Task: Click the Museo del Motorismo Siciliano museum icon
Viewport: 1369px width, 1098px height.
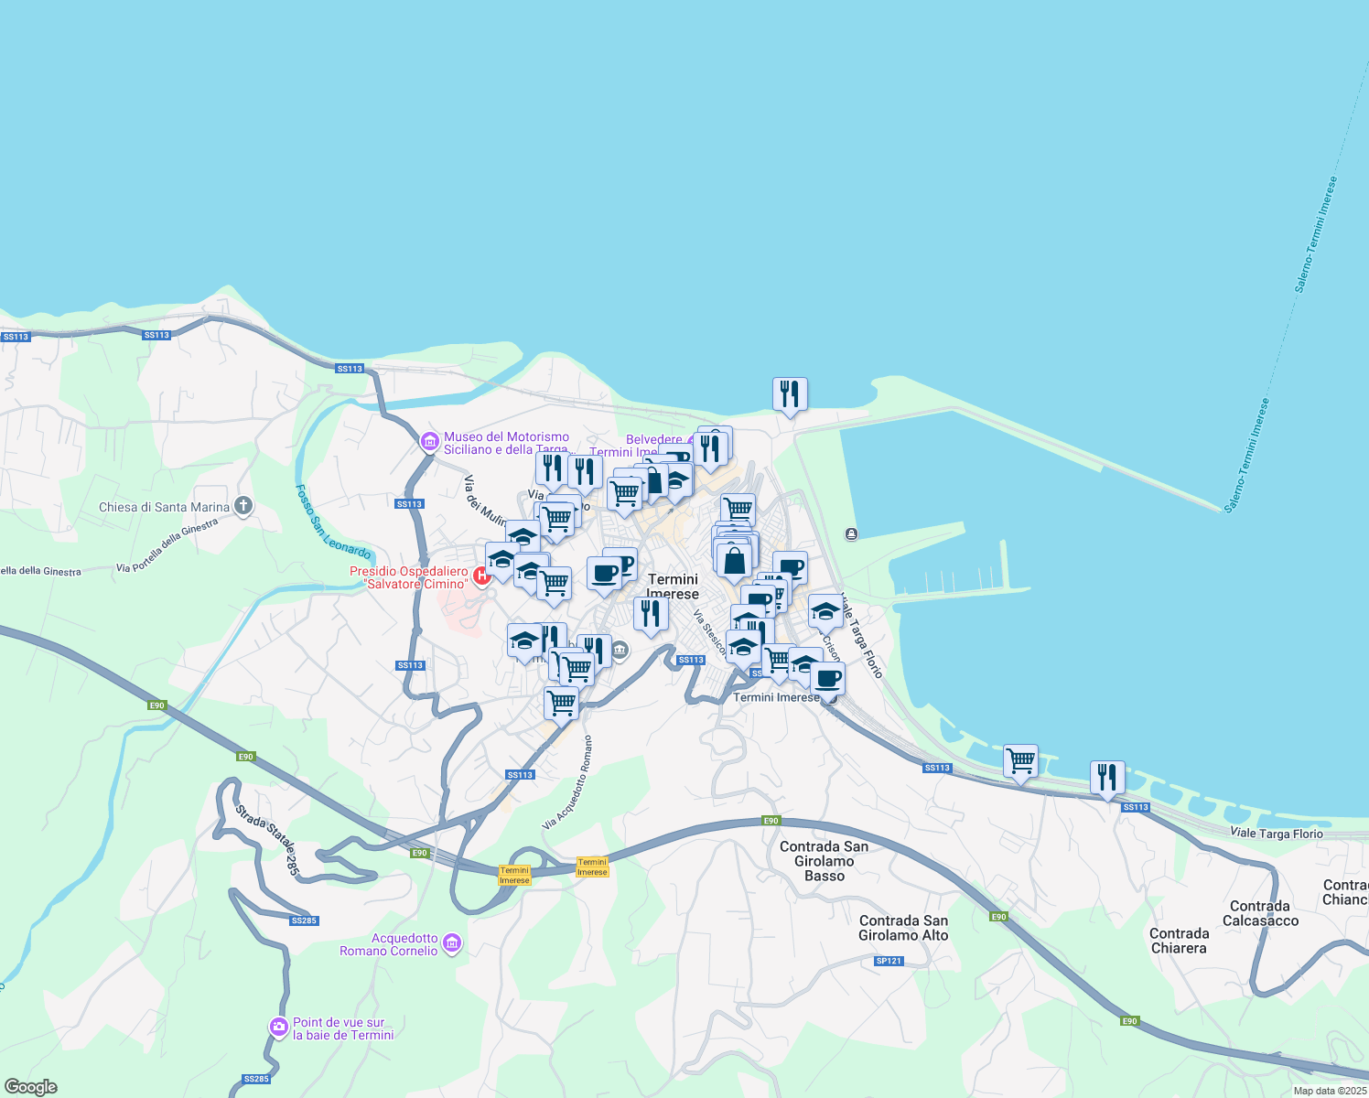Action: coord(429,442)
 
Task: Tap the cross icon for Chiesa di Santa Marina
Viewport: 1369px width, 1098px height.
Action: coord(243,506)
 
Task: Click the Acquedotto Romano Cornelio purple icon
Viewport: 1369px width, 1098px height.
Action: coord(451,943)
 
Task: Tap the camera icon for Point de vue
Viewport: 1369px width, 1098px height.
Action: coord(278,1028)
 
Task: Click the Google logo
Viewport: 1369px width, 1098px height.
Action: coord(30,1087)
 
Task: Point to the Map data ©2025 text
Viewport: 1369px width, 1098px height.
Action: coord(1329,1091)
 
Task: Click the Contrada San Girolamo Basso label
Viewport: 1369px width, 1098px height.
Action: coord(824,861)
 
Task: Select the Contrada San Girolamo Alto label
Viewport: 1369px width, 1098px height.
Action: coord(903,928)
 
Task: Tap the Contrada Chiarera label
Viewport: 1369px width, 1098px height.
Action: coord(1179,941)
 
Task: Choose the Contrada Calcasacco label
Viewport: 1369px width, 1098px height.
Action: coord(1260,913)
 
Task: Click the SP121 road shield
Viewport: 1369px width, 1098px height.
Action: coord(889,961)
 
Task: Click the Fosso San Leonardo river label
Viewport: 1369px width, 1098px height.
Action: coord(332,522)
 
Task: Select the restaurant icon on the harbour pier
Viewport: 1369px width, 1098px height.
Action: coord(789,394)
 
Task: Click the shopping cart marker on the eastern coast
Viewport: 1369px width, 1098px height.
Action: coord(1020,760)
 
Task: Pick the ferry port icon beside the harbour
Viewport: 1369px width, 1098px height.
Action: coord(851,533)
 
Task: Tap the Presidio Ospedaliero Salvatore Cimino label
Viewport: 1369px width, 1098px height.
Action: coord(409,577)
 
